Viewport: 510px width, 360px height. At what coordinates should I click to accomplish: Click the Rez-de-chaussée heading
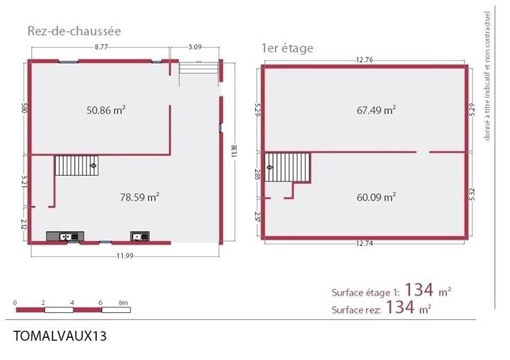tap(74, 31)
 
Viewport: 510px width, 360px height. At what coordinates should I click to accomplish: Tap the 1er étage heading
tap(287, 48)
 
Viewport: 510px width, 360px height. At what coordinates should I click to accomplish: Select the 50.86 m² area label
tap(106, 110)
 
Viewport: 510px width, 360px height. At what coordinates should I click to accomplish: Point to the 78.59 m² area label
tap(139, 197)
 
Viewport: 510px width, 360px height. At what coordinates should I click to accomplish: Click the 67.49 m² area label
tap(376, 110)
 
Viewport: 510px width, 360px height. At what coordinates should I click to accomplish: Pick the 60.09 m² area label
tap(376, 197)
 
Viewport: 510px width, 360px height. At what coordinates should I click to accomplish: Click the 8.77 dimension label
tap(101, 47)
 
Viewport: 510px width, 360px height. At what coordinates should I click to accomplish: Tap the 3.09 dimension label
tap(195, 47)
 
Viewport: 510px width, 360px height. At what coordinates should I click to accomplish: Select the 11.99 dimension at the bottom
tap(125, 255)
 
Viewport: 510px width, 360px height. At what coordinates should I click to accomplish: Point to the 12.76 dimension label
tap(364, 60)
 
